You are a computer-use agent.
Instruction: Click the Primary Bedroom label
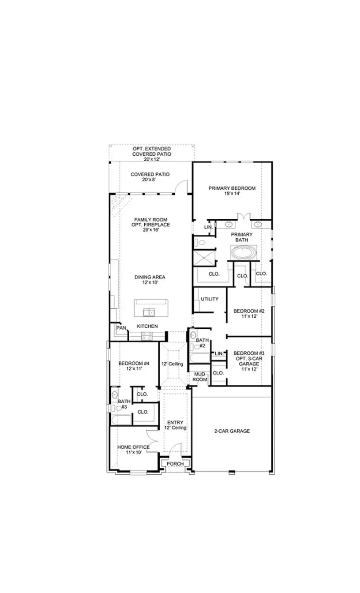pyautogui.click(x=232, y=188)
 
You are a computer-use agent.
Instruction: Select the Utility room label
pyautogui.click(x=210, y=299)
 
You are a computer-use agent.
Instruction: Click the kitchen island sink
pyautogui.click(x=149, y=313)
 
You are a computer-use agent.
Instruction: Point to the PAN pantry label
pyautogui.click(x=120, y=328)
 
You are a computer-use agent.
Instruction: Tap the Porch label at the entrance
pyautogui.click(x=175, y=464)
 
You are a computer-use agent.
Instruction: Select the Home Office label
pyautogui.click(x=133, y=447)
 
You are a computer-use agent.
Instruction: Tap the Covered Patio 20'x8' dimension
pyautogui.click(x=150, y=180)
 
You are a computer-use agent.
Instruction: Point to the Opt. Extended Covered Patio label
pyautogui.click(x=152, y=152)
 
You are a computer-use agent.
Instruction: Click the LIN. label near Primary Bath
pyautogui.click(x=209, y=227)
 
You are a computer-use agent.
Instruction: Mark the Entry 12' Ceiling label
pyautogui.click(x=175, y=425)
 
